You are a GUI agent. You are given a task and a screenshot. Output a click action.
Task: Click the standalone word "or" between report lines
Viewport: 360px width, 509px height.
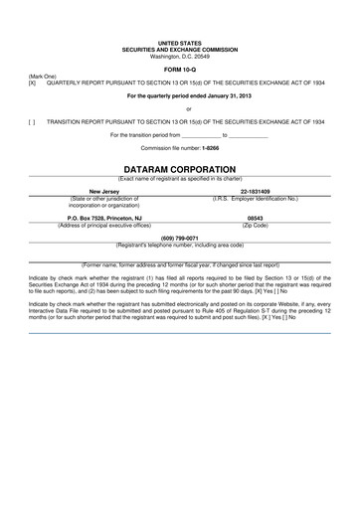click(180, 107)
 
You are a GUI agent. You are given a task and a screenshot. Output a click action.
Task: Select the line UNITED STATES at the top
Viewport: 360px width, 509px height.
click(180, 45)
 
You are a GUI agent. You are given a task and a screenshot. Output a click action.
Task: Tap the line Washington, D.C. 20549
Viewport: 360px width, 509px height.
click(180, 57)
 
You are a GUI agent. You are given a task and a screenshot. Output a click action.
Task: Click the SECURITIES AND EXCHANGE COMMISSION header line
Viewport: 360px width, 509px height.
click(180, 51)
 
